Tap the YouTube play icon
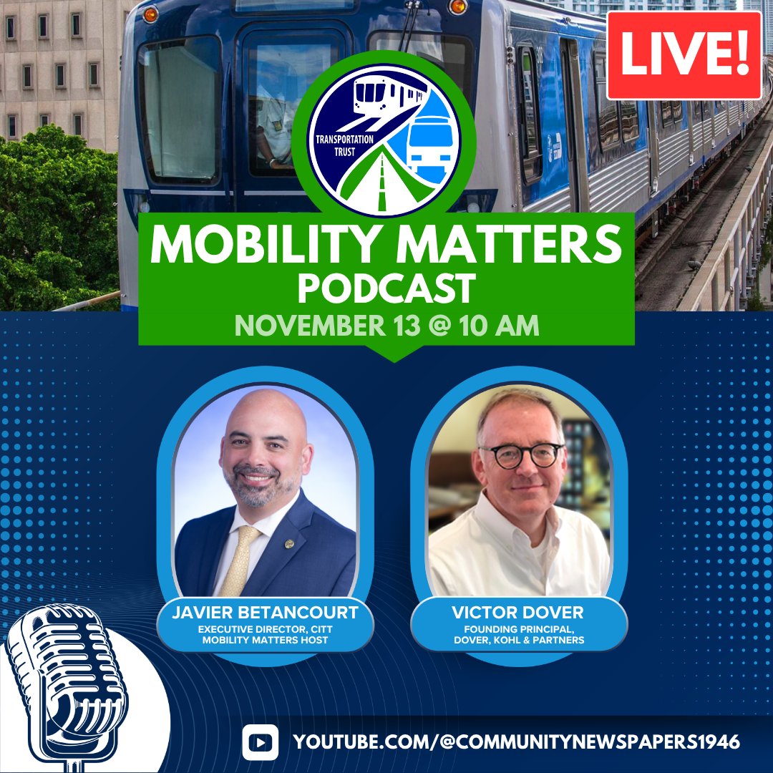(260, 742)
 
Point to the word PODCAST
(386, 289)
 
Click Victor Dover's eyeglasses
(520, 454)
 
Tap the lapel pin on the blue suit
(288, 543)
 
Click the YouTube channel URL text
(516, 742)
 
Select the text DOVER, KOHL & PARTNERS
(519, 639)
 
